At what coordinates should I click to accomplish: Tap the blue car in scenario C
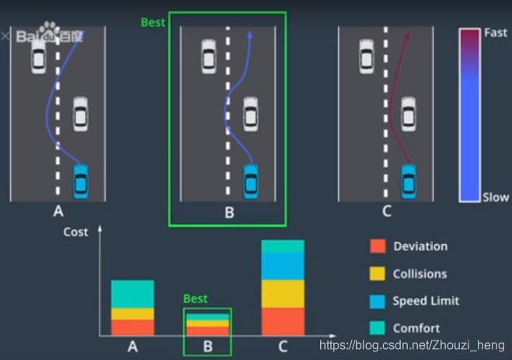(409, 180)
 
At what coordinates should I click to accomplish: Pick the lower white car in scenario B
(249, 114)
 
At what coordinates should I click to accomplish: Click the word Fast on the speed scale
(495, 33)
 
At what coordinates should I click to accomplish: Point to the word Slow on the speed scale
(495, 197)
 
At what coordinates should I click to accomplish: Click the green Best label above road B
(153, 23)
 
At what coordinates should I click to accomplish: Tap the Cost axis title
(75, 232)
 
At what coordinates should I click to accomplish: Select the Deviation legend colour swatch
(378, 246)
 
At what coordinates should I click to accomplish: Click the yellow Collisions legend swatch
(378, 274)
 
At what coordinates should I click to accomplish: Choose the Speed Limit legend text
(426, 301)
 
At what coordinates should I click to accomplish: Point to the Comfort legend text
(416, 328)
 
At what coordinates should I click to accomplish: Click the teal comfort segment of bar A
(132, 294)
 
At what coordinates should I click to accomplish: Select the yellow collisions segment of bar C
(283, 293)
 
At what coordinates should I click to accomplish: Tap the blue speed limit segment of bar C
(283, 266)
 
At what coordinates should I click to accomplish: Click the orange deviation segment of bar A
(132, 327)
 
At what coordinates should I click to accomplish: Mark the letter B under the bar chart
(207, 346)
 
